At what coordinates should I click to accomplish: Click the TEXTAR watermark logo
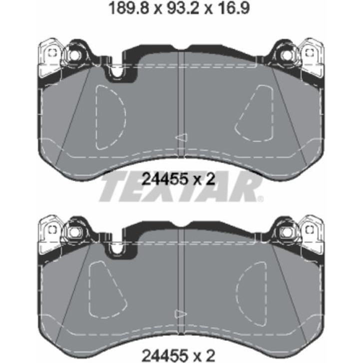click(181, 188)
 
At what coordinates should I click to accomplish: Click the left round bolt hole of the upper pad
click(75, 54)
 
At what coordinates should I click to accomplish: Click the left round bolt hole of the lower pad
click(75, 231)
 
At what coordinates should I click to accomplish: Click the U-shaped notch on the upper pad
click(117, 72)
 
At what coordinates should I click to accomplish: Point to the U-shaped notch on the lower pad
click(117, 249)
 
